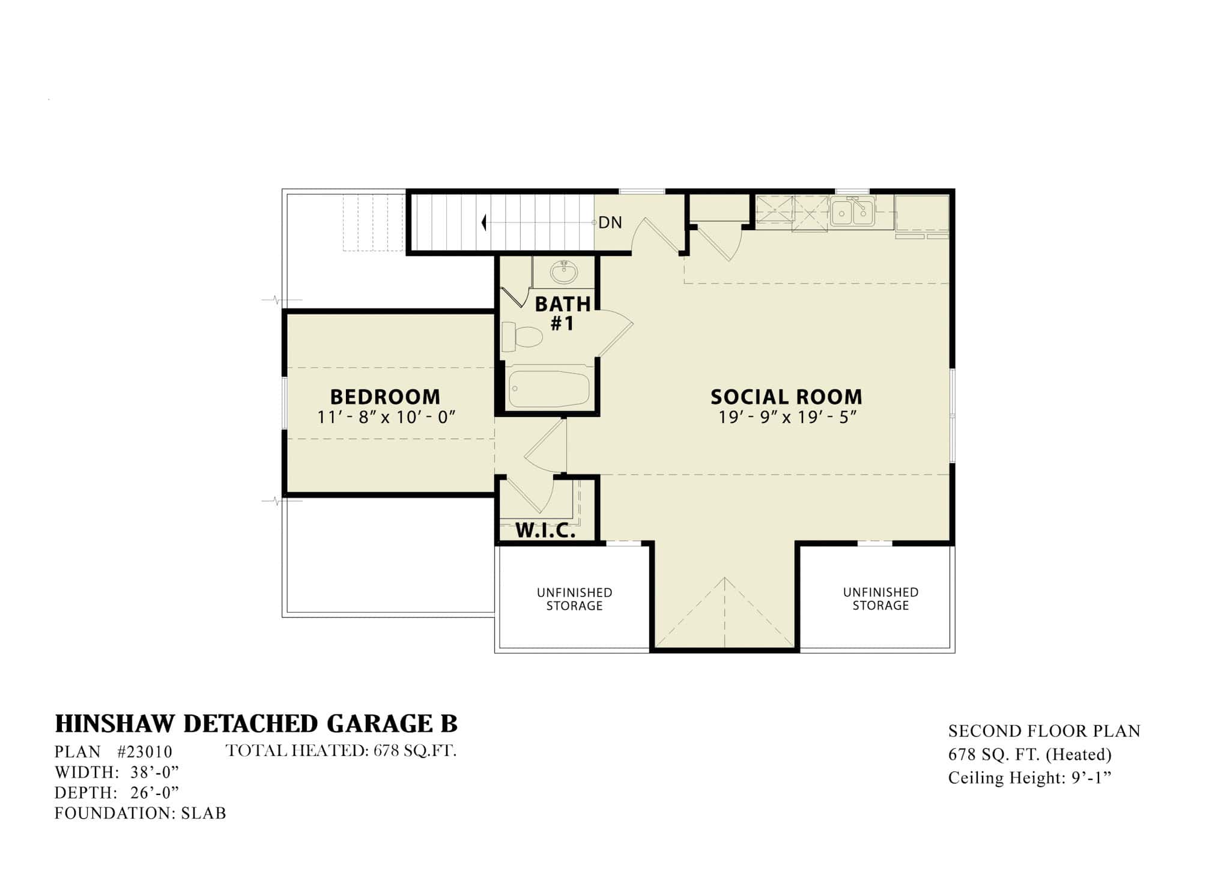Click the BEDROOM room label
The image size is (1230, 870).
pos(385,397)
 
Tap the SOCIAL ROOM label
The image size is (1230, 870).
pos(786,397)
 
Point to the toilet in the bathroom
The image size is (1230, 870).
pos(522,337)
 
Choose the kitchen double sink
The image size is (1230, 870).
pos(853,212)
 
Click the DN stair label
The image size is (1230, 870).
pos(610,223)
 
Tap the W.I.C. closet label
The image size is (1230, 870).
pos(545,531)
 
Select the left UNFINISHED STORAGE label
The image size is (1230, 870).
pos(574,599)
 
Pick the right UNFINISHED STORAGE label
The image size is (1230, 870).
pos(880,599)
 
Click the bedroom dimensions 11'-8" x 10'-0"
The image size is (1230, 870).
pos(387,417)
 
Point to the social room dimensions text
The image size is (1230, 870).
pos(787,417)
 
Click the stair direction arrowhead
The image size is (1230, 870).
pos(483,223)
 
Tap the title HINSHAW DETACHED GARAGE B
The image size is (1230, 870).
pos(256,725)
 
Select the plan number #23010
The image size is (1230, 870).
pos(145,752)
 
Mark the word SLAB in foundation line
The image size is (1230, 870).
pos(204,814)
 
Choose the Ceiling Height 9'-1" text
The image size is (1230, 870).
pos(1030,778)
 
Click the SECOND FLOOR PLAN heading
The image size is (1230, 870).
pos(1044,731)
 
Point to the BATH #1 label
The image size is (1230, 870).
pos(563,314)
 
